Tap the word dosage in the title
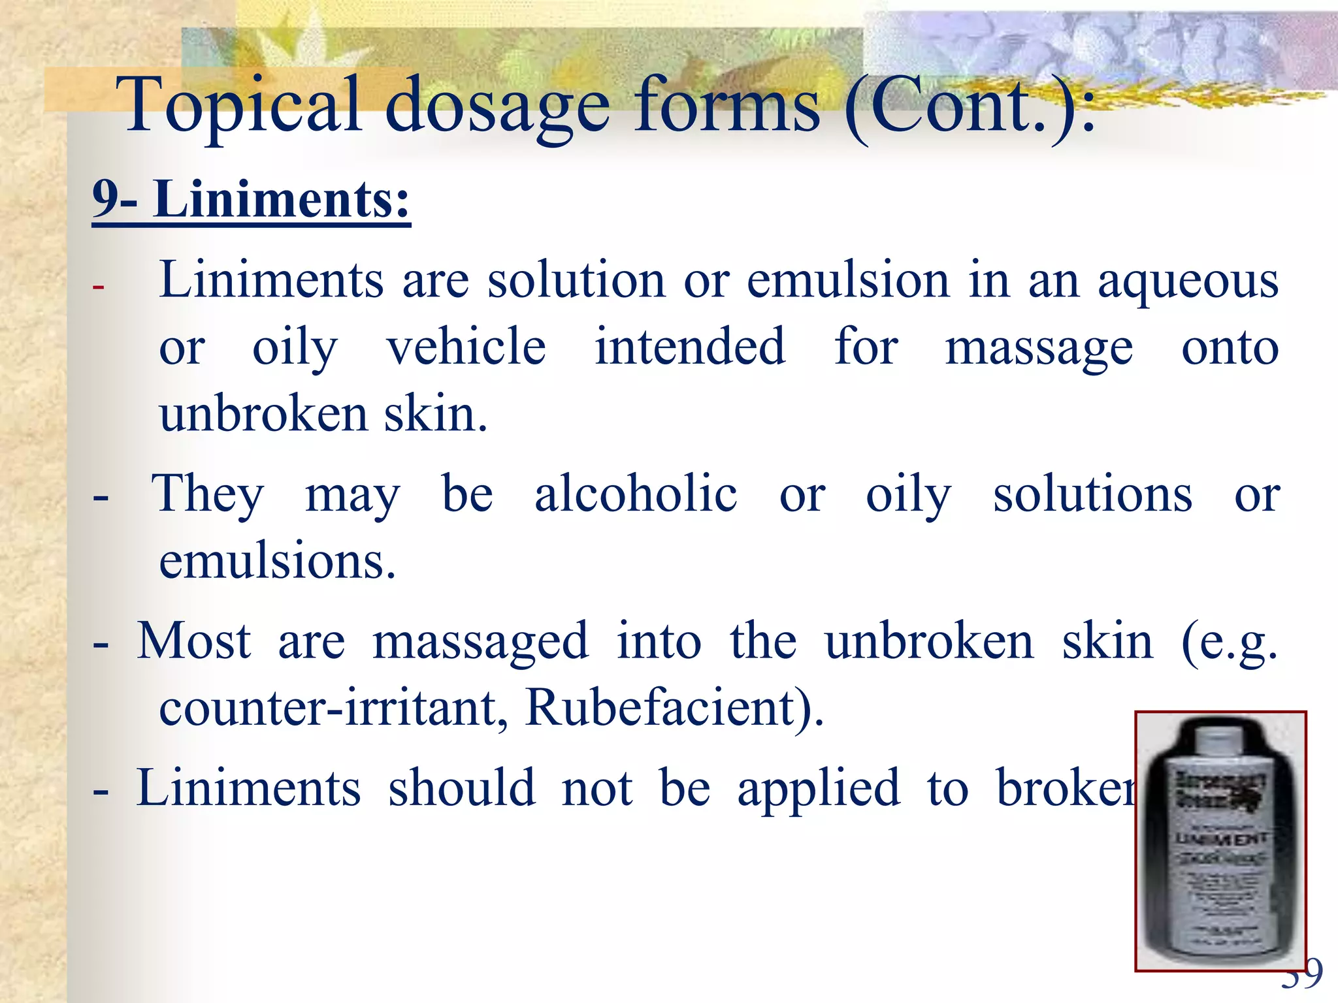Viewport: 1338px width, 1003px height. click(497, 108)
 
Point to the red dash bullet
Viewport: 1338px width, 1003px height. click(99, 287)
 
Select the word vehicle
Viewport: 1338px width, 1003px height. click(466, 347)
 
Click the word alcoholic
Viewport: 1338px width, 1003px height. click(636, 494)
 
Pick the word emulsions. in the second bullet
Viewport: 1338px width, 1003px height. click(278, 562)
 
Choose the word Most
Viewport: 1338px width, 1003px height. click(193, 641)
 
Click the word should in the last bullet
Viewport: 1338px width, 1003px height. click(461, 788)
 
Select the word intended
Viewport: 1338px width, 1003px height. click(689, 347)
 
